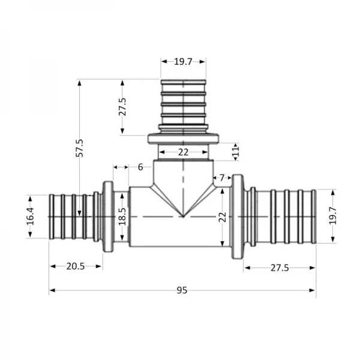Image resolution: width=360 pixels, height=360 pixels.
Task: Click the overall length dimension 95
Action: (182, 290)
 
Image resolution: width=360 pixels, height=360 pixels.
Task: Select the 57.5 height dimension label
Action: (79, 148)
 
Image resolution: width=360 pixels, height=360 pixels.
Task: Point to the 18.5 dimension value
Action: (122, 217)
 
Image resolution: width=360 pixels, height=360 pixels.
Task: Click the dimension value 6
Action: (140, 167)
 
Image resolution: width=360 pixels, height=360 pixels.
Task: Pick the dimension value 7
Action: (222, 178)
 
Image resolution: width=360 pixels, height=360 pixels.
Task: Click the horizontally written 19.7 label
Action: (183, 61)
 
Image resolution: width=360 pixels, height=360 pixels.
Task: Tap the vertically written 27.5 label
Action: (122, 107)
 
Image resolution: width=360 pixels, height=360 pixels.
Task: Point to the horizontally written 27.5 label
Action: (279, 268)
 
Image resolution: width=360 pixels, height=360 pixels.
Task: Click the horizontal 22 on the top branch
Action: (183, 152)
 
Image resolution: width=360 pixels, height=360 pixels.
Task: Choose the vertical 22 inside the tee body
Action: (221, 216)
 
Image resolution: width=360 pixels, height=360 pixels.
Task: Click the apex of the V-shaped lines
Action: (183, 216)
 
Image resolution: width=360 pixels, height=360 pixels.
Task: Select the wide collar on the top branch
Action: (183, 139)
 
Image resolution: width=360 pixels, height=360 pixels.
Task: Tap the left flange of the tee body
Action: (108, 217)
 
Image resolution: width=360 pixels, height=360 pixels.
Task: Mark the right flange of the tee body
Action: (238, 217)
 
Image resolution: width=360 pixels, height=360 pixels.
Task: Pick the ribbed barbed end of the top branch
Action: (183, 102)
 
